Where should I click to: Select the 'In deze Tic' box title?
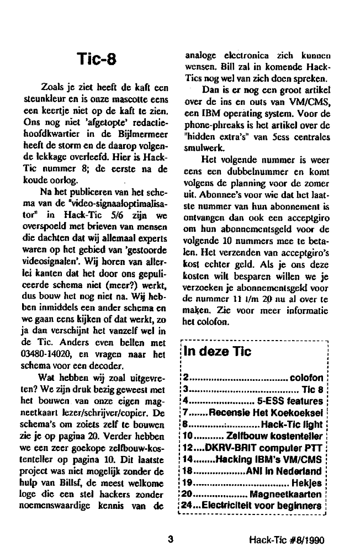click(x=217, y=352)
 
